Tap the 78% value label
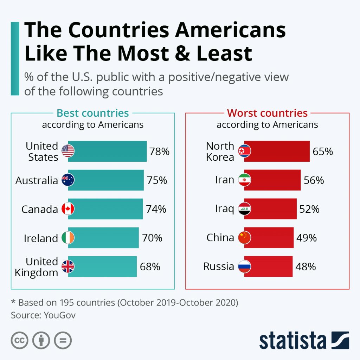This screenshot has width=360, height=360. pyautogui.click(x=159, y=152)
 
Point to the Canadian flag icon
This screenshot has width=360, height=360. pyautogui.click(x=68, y=209)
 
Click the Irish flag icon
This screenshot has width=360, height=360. pyautogui.click(x=68, y=238)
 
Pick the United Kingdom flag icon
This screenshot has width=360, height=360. pyautogui.click(x=68, y=267)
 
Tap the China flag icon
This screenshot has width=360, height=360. pyautogui.click(x=244, y=238)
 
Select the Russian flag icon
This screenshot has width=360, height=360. pyautogui.click(x=244, y=266)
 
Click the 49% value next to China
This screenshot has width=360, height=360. pyautogui.click(x=307, y=238)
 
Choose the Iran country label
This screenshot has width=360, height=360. pyautogui.click(x=224, y=180)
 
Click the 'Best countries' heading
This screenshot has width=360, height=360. pyautogui.click(x=93, y=113)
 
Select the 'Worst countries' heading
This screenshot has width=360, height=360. pyautogui.click(x=267, y=113)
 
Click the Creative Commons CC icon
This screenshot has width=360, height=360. pyautogui.click(x=20, y=340)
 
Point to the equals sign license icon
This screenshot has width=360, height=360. pyautogui.click(x=63, y=340)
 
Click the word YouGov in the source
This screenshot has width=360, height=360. pyautogui.click(x=60, y=315)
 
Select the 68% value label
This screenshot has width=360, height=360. pyautogui.click(x=150, y=267)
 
